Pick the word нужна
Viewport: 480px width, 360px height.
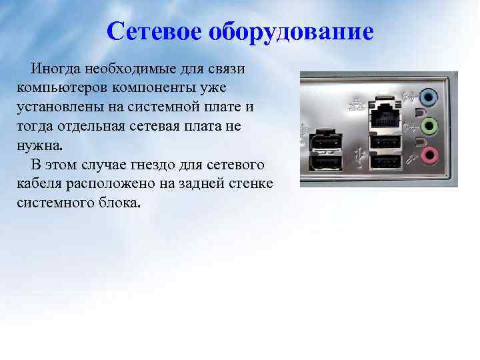(x=41, y=145)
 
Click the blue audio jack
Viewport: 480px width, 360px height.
(x=429, y=98)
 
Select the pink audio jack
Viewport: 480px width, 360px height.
(x=429, y=155)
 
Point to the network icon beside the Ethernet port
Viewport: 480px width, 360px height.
(x=353, y=105)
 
